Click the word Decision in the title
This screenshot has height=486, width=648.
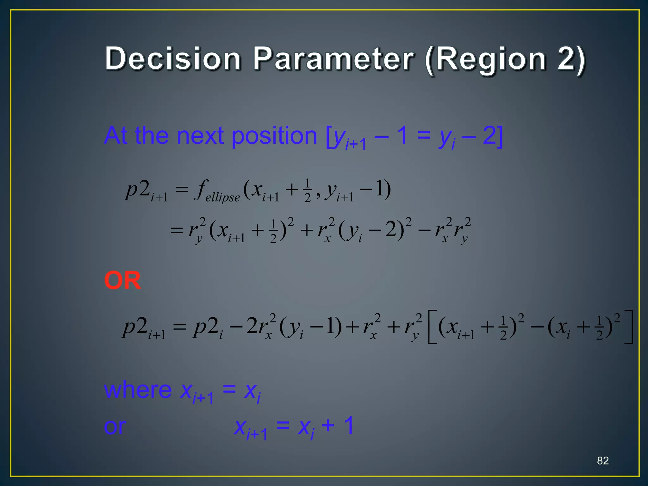click(x=173, y=59)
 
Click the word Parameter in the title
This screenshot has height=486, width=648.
click(x=333, y=59)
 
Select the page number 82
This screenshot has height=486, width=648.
click(x=603, y=460)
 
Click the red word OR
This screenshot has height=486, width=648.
click(x=122, y=280)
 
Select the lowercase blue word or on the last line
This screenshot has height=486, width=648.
click(x=115, y=427)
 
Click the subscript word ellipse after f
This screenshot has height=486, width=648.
click(x=222, y=197)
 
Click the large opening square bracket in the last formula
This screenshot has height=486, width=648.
click(x=432, y=327)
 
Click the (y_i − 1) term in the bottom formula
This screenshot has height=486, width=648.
click(x=310, y=327)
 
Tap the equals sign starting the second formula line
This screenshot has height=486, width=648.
click(x=177, y=230)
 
